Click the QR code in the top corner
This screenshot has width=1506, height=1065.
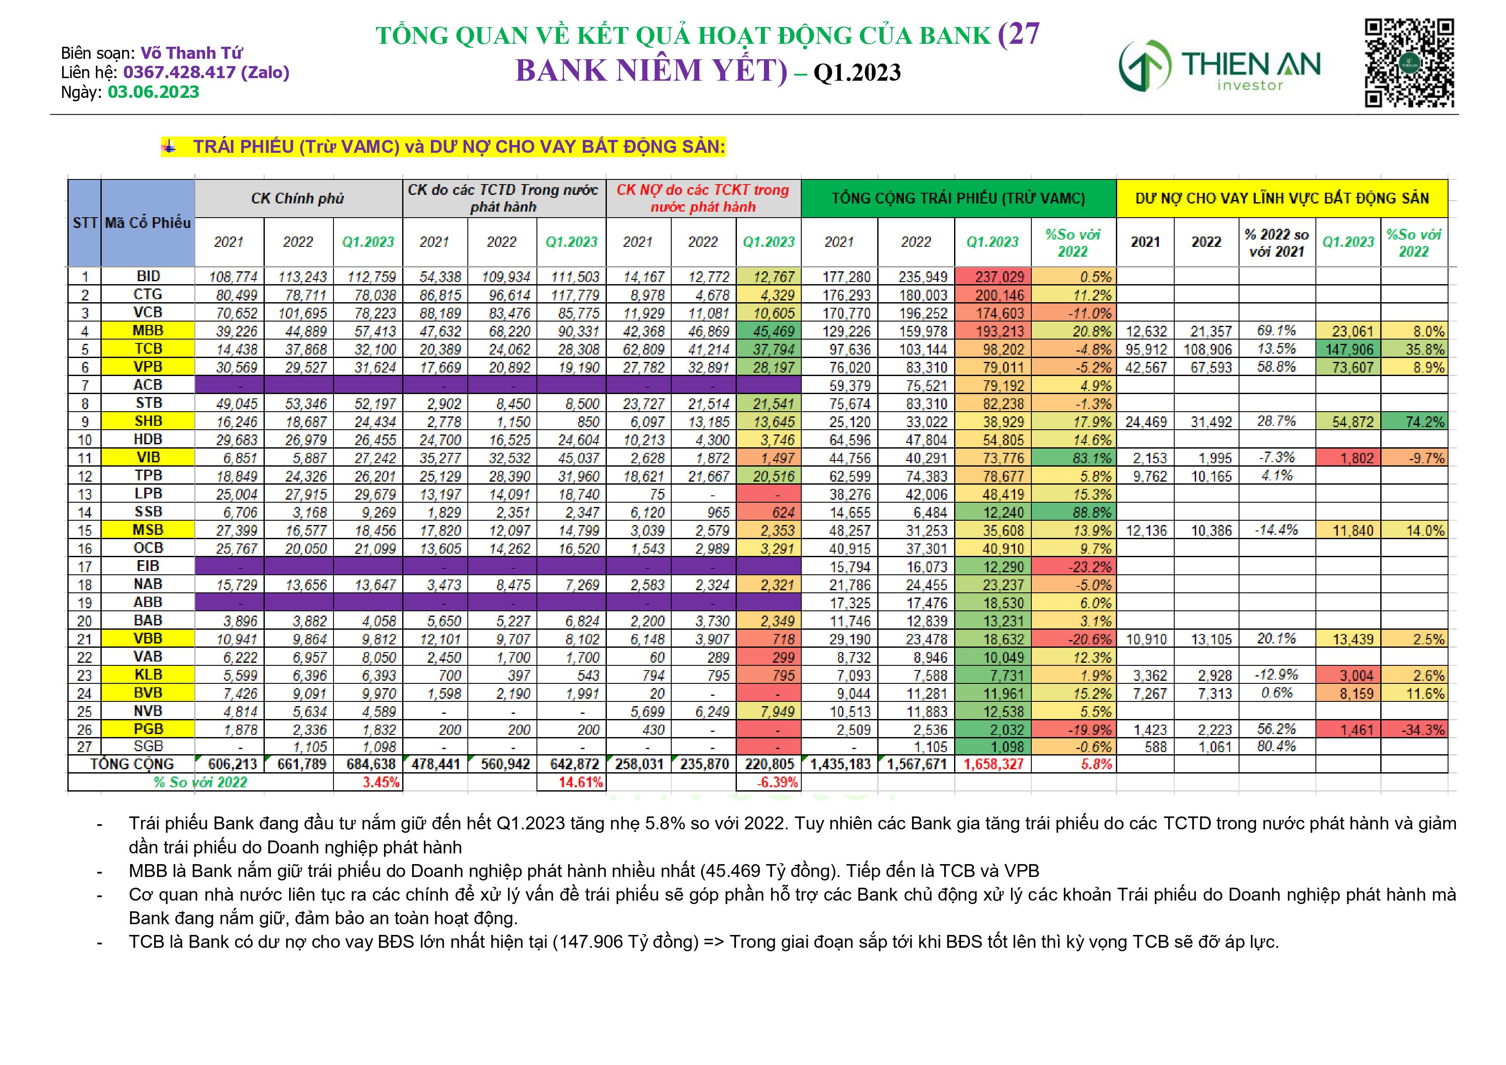pos(1409,63)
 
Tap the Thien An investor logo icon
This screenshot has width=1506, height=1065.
pos(1145,66)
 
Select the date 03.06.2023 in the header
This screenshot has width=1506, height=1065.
pos(154,92)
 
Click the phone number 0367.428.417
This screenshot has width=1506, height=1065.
pos(179,72)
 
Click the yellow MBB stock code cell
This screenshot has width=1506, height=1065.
pos(148,331)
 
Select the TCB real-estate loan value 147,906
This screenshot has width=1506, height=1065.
pos(1348,349)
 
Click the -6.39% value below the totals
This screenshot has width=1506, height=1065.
pos(769,782)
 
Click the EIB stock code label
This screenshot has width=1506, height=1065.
pos(148,566)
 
